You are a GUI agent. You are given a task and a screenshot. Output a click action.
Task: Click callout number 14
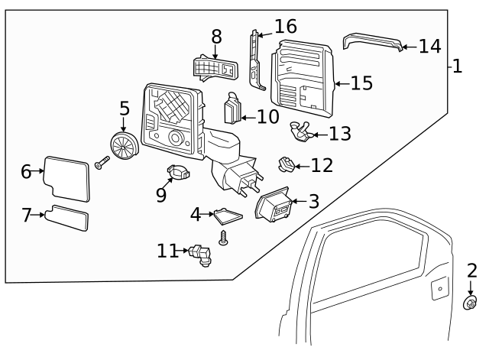(x=430, y=47)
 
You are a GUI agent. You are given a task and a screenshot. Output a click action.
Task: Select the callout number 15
(x=361, y=83)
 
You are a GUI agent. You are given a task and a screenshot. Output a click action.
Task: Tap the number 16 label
(x=286, y=28)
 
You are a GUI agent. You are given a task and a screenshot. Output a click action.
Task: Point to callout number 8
(x=216, y=36)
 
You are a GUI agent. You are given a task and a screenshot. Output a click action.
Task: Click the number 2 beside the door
(x=471, y=270)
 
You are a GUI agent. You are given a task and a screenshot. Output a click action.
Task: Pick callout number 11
(x=167, y=250)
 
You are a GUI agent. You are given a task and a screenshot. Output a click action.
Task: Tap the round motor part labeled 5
(x=124, y=144)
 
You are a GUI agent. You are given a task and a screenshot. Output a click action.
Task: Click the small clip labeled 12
(x=286, y=164)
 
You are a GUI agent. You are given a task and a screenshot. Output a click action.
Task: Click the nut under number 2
(x=471, y=304)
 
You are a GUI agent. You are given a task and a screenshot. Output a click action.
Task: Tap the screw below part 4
(x=225, y=238)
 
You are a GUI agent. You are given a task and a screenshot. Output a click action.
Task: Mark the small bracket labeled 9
(x=178, y=173)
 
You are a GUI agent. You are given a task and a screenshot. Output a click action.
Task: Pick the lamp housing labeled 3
(x=274, y=204)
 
